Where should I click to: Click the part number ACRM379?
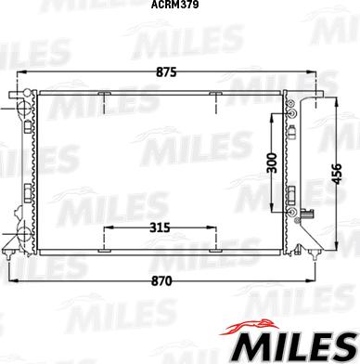point(179,6)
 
